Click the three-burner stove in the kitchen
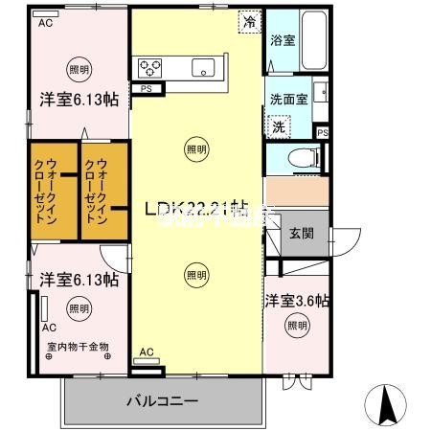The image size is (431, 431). coord(151,67)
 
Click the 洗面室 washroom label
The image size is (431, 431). coord(287,98)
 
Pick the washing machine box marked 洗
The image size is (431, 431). coord(279,126)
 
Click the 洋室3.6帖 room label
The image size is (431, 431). coord(297,301)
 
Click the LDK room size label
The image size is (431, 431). coord(196,207)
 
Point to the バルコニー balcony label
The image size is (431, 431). coord(162,399)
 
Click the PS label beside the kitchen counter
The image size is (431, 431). coord(147,89)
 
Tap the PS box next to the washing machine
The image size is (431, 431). coord(323,131)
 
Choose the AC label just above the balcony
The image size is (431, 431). coord(147,352)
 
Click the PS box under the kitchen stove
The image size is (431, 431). coord(147,89)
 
